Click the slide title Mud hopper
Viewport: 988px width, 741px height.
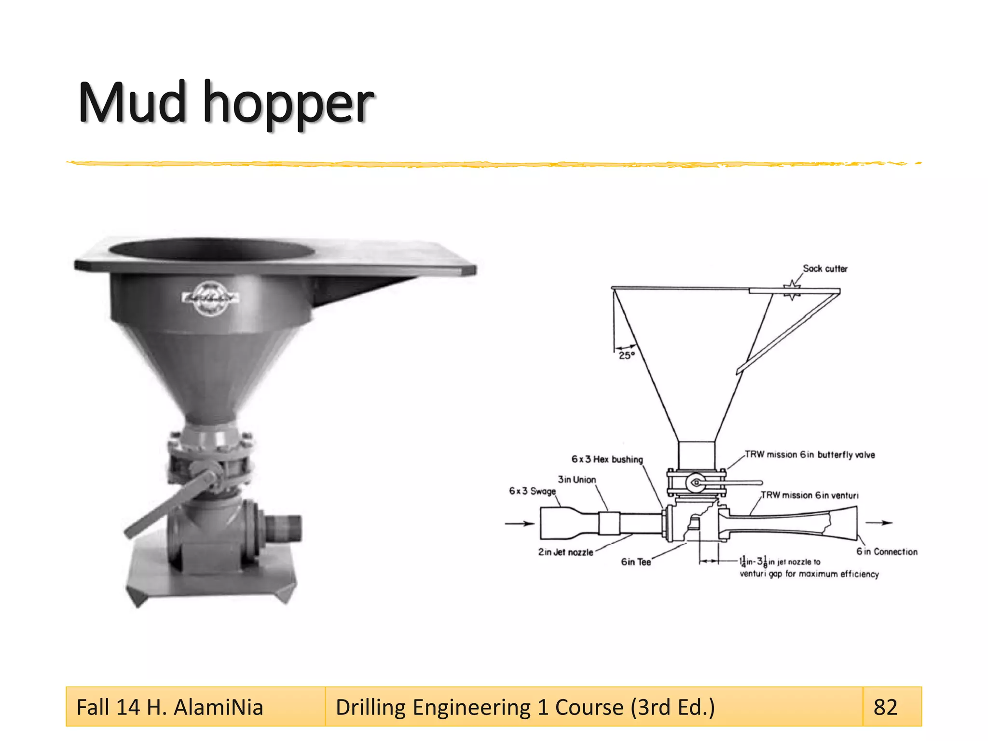tap(226, 103)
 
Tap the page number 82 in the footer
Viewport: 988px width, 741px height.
tap(885, 707)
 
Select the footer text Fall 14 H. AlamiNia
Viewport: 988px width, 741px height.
tap(170, 707)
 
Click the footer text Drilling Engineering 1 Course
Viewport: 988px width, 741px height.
tap(525, 707)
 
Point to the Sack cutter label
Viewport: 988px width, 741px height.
tap(825, 269)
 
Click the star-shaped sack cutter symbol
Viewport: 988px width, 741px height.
tap(792, 290)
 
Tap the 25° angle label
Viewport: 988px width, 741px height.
tap(627, 356)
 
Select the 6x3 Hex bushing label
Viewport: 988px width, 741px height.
tap(607, 459)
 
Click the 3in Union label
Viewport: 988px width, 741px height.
tap(576, 480)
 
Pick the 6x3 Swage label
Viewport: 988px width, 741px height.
tap(532, 491)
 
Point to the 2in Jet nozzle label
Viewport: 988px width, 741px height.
tap(565, 552)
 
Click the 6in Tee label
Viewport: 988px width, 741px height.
tap(636, 562)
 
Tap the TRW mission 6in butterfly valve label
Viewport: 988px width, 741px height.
tap(810, 454)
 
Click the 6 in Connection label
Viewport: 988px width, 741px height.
tap(887, 552)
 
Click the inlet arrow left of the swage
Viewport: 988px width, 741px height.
tap(519, 523)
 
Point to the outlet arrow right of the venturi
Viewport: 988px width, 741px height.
tap(879, 522)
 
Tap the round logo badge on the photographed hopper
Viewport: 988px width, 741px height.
tap(210, 298)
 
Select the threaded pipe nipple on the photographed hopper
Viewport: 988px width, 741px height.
tap(283, 528)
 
